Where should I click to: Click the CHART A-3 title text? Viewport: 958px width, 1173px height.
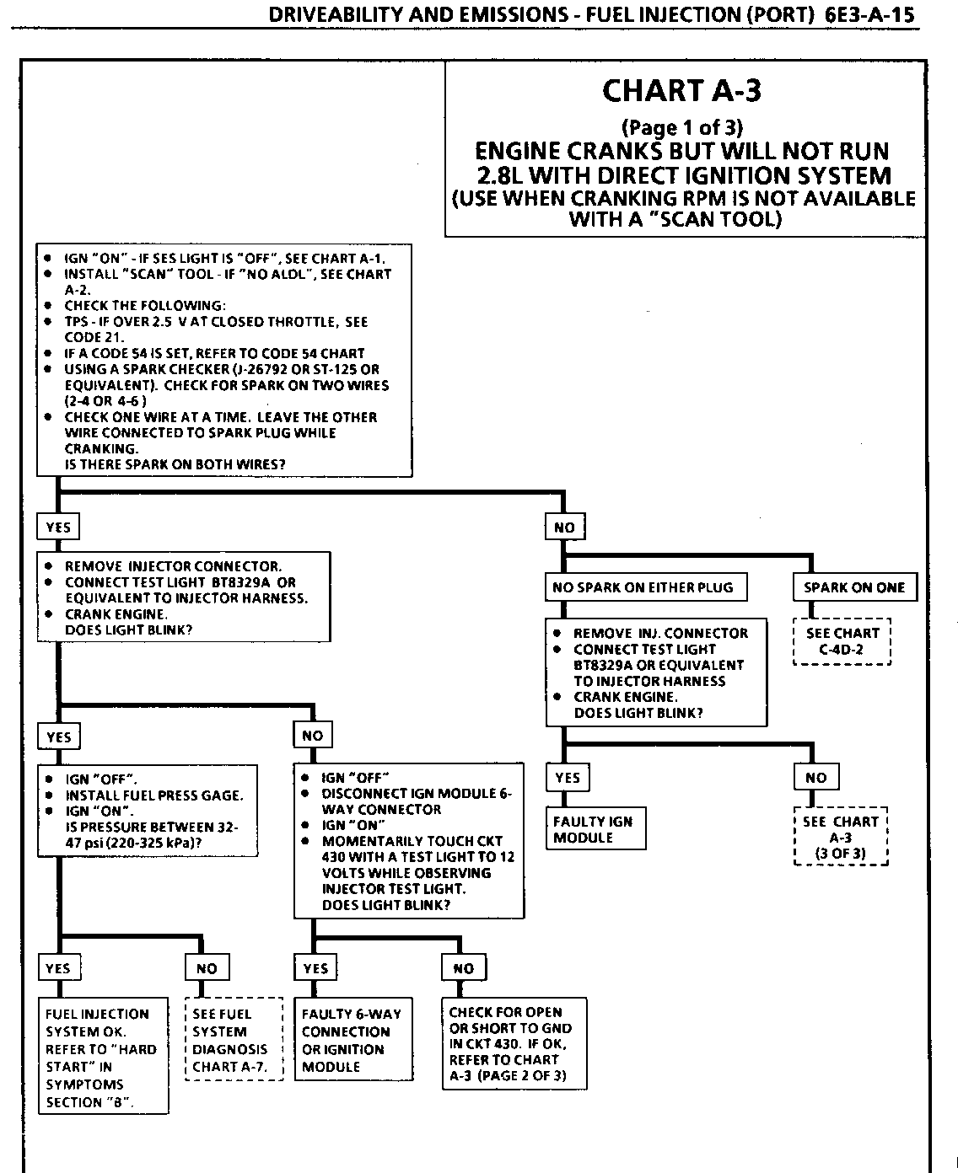681,91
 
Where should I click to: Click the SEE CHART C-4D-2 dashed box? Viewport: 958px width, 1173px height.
842,642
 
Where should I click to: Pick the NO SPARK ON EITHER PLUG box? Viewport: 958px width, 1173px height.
646,587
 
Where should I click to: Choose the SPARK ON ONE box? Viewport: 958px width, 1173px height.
853,587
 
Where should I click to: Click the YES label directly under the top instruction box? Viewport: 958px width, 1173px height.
58,528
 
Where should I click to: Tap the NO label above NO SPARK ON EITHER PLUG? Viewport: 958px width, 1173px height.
564,528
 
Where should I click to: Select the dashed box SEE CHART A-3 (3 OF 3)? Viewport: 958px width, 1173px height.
841,837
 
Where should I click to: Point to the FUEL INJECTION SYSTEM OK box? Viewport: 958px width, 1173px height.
103,1057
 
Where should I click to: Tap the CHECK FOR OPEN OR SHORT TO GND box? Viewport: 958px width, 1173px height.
513,1043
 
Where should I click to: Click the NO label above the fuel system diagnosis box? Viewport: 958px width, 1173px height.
207,968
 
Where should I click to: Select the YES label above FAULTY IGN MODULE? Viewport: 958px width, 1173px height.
568,777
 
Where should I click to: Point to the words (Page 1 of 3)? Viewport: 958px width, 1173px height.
681,128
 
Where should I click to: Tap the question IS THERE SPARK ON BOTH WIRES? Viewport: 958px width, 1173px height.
175,464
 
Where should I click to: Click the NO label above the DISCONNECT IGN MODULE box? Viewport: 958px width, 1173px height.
312,736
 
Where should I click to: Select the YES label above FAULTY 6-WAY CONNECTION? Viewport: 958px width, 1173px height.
315,968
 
